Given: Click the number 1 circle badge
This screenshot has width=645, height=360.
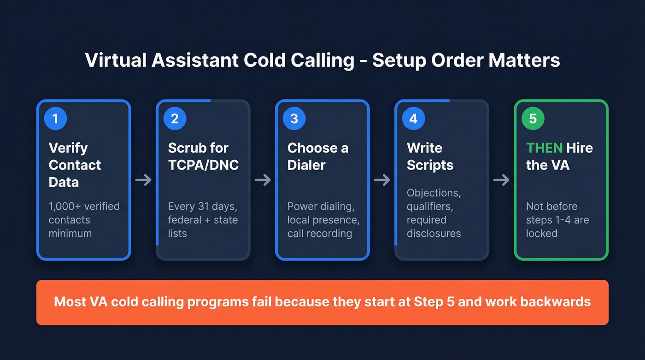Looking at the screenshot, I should (55, 118).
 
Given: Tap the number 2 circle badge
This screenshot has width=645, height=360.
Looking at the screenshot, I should (175, 118).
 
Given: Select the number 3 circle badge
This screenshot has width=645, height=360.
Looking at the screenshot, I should (294, 118).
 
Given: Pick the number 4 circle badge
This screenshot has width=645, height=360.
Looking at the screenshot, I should (413, 118).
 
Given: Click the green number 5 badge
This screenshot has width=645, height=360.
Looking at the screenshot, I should (533, 118).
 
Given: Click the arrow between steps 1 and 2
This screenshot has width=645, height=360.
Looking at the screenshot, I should (143, 180).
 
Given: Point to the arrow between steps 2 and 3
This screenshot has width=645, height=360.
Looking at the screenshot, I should (263, 180).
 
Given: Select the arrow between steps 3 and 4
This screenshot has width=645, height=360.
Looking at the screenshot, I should (382, 180).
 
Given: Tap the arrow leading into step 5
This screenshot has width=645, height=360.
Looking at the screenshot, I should (501, 180).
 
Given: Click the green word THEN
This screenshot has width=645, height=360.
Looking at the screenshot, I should (544, 148).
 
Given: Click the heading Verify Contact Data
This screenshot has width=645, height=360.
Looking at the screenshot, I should (75, 165).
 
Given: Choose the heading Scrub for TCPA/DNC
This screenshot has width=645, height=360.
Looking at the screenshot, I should (203, 156).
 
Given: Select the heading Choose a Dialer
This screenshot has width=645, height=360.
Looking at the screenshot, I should (318, 156).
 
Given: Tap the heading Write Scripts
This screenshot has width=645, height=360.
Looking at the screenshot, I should (430, 156).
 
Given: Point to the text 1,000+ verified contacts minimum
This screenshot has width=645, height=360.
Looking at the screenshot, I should (84, 219).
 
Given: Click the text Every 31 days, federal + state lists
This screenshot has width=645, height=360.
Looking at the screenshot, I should (203, 219).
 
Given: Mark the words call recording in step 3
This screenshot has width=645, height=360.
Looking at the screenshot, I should (320, 233).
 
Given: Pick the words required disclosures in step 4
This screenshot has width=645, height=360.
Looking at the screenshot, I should (434, 226).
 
